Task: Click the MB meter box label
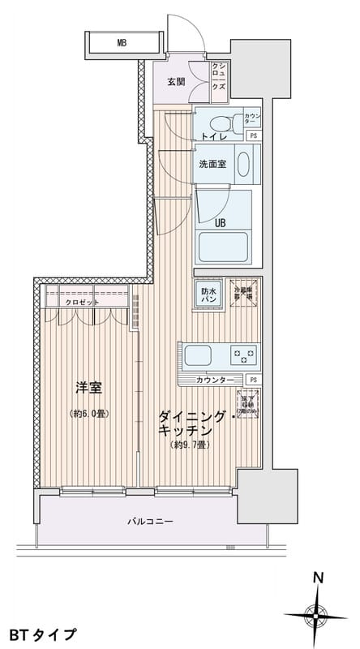click(121, 42)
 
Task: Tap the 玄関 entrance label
click(177, 82)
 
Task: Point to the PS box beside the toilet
click(253, 135)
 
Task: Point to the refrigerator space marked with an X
click(243, 294)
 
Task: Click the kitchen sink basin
click(198, 355)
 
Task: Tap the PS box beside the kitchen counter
click(253, 380)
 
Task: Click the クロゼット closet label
click(84, 302)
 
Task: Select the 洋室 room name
click(89, 389)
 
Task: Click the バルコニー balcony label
click(150, 520)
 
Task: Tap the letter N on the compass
click(319, 578)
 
